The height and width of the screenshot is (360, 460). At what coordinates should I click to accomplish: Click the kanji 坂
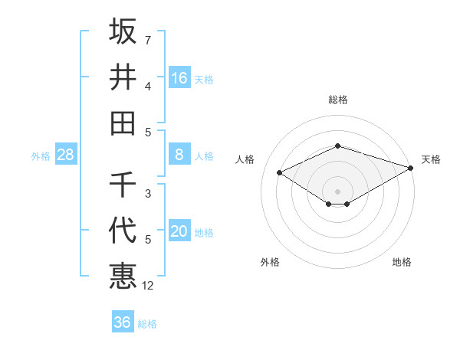click(x=123, y=31)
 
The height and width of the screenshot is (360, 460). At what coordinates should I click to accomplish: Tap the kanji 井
click(x=123, y=77)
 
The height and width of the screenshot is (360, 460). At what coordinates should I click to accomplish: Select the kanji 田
click(x=123, y=123)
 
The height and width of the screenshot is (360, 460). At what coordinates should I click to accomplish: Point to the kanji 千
click(x=123, y=185)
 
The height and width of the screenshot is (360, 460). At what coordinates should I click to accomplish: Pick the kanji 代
click(x=123, y=230)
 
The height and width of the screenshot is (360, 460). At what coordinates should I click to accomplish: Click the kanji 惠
click(x=123, y=276)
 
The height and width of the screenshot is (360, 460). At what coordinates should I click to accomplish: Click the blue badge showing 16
click(x=179, y=78)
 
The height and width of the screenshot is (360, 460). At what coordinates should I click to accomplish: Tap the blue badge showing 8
click(x=179, y=155)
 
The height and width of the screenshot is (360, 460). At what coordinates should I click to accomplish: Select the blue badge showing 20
click(x=179, y=232)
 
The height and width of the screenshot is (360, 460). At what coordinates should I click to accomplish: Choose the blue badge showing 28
click(x=66, y=155)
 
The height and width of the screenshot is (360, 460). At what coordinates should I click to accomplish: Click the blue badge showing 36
click(x=123, y=322)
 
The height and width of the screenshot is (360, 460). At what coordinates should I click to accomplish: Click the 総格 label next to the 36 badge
click(x=148, y=324)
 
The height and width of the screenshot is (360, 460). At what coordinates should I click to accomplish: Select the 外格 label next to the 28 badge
click(x=41, y=156)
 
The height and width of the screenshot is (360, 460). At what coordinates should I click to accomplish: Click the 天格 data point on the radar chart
click(x=411, y=169)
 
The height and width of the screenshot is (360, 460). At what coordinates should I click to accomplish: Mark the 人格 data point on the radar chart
click(x=280, y=173)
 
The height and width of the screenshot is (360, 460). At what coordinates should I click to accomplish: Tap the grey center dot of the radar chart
click(x=338, y=191)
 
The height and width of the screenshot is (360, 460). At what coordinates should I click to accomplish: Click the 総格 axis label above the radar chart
click(x=338, y=100)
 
